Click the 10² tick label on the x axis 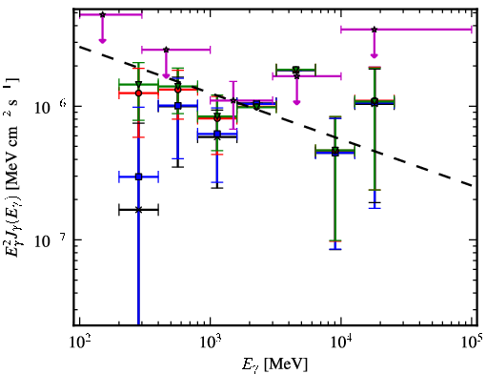click(x=79, y=343)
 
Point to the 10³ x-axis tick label click(x=211, y=343)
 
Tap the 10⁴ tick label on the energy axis click(x=341, y=343)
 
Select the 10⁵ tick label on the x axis click(x=472, y=343)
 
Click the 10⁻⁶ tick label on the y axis click(x=51, y=108)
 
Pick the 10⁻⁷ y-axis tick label click(x=51, y=241)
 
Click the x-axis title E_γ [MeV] click(x=274, y=364)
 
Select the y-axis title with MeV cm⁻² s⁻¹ click(x=13, y=168)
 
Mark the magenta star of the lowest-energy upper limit click(x=102, y=14)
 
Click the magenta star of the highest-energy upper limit click(x=375, y=30)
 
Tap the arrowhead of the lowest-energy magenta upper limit click(x=102, y=40)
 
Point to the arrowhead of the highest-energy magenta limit click(x=375, y=55)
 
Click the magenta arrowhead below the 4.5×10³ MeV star click(x=296, y=102)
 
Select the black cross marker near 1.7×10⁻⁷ click(x=138, y=210)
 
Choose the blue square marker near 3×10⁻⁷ click(x=138, y=177)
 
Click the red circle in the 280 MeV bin click(x=138, y=93)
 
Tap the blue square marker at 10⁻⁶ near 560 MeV click(x=178, y=106)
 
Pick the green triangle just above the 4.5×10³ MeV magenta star click(x=296, y=70)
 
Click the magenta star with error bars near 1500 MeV click(x=233, y=100)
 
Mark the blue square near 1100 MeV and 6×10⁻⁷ click(x=217, y=135)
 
